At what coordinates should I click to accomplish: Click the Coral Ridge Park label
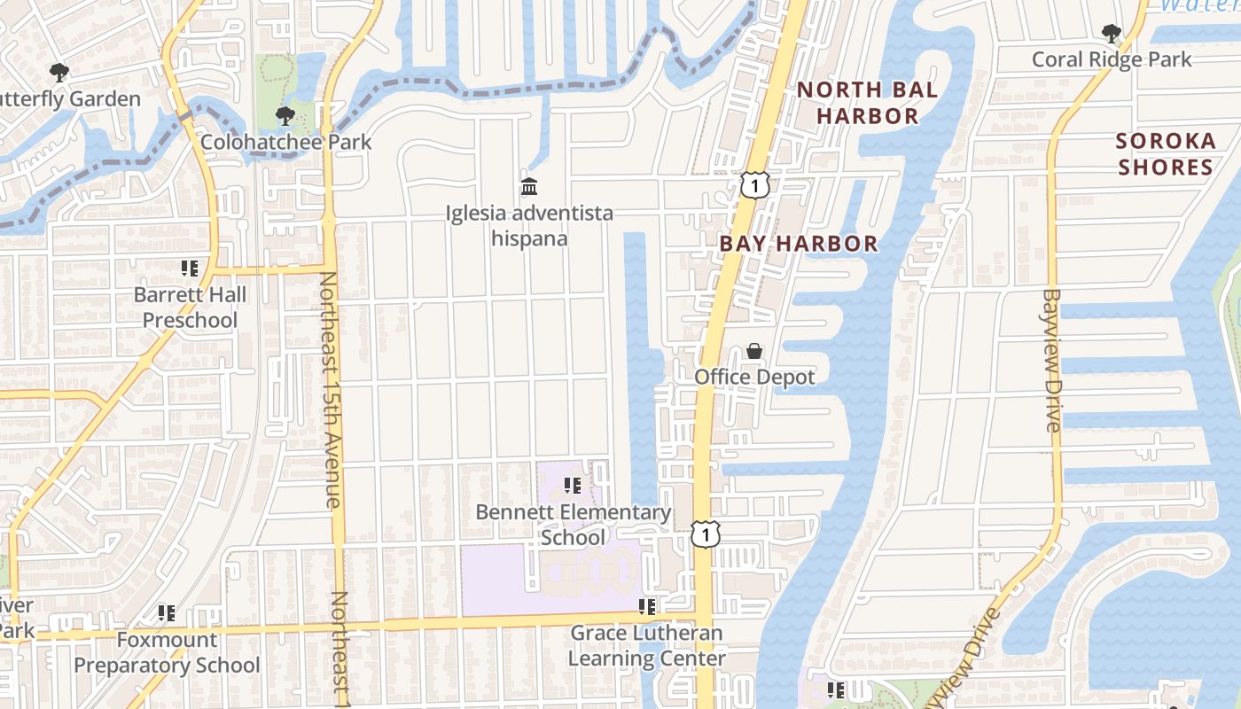[x=1112, y=59]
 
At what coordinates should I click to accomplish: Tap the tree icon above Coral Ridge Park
[x=1111, y=35]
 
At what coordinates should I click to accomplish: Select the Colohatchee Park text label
[x=286, y=142]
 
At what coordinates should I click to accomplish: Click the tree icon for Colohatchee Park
[x=285, y=116]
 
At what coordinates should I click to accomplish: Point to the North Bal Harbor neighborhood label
[x=867, y=103]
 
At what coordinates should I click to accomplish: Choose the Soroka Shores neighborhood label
[x=1165, y=154]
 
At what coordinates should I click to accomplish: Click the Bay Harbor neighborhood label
[x=798, y=244]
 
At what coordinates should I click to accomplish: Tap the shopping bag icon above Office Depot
[x=753, y=351]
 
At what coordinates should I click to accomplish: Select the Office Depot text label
[x=754, y=377]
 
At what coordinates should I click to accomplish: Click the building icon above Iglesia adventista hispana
[x=529, y=187]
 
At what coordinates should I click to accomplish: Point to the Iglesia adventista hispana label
[x=529, y=226]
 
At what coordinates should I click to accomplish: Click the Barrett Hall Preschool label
[x=190, y=308]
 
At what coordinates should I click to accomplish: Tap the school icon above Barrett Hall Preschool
[x=189, y=269]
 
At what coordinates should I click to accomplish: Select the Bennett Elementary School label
[x=574, y=525]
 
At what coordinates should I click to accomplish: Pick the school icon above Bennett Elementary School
[x=573, y=486]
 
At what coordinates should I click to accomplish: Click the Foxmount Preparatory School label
[x=167, y=652]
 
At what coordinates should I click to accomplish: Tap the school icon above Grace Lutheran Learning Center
[x=647, y=607]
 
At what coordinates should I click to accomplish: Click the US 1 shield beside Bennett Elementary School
[x=706, y=534]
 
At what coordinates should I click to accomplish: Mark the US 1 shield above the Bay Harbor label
[x=753, y=185]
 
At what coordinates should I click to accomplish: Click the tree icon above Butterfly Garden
[x=59, y=73]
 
